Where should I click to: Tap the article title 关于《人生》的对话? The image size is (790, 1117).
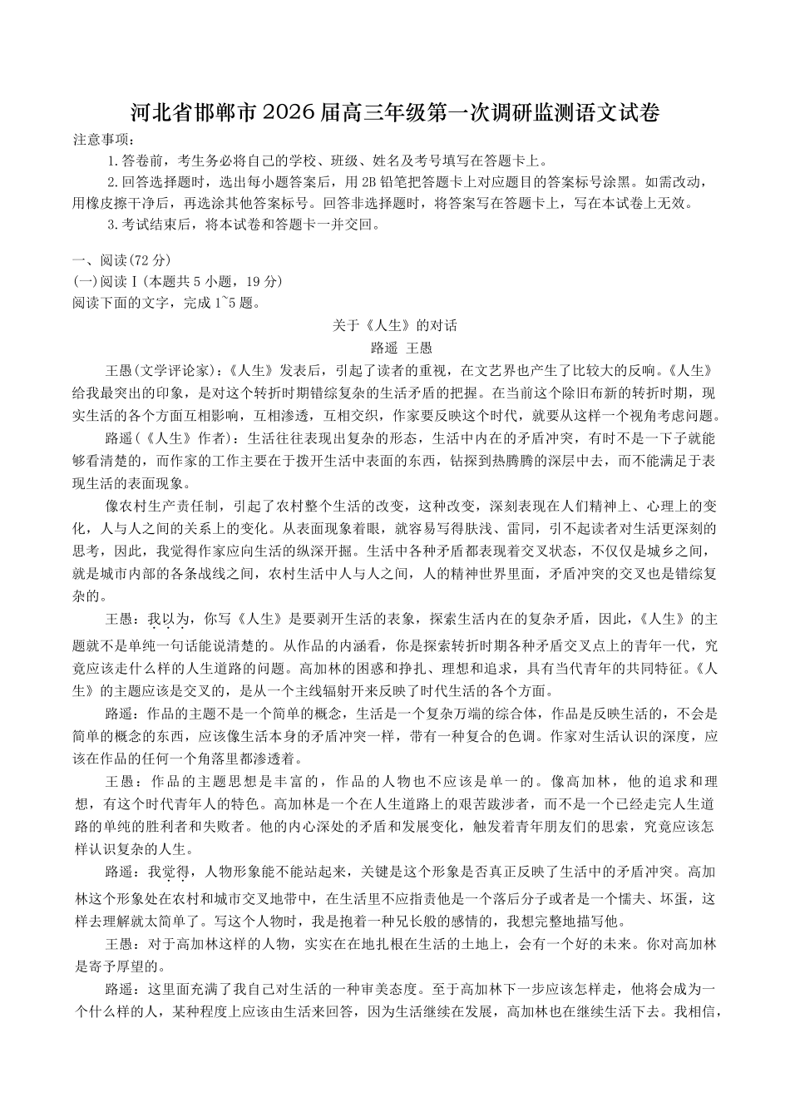tap(395, 325)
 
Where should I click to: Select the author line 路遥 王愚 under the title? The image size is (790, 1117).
tap(395, 347)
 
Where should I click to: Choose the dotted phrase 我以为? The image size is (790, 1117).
tap(169, 619)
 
